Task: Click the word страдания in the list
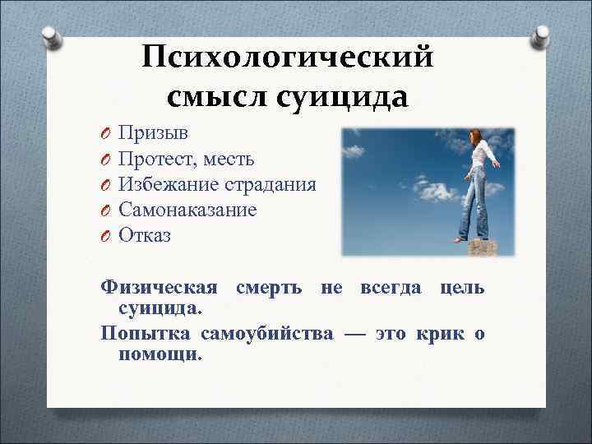pos(275,184)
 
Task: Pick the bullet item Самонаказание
pos(187,210)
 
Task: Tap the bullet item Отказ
pos(145,236)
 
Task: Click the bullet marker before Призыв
pos(105,133)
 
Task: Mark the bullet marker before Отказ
pos(105,237)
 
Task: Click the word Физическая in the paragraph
pos(159,289)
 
